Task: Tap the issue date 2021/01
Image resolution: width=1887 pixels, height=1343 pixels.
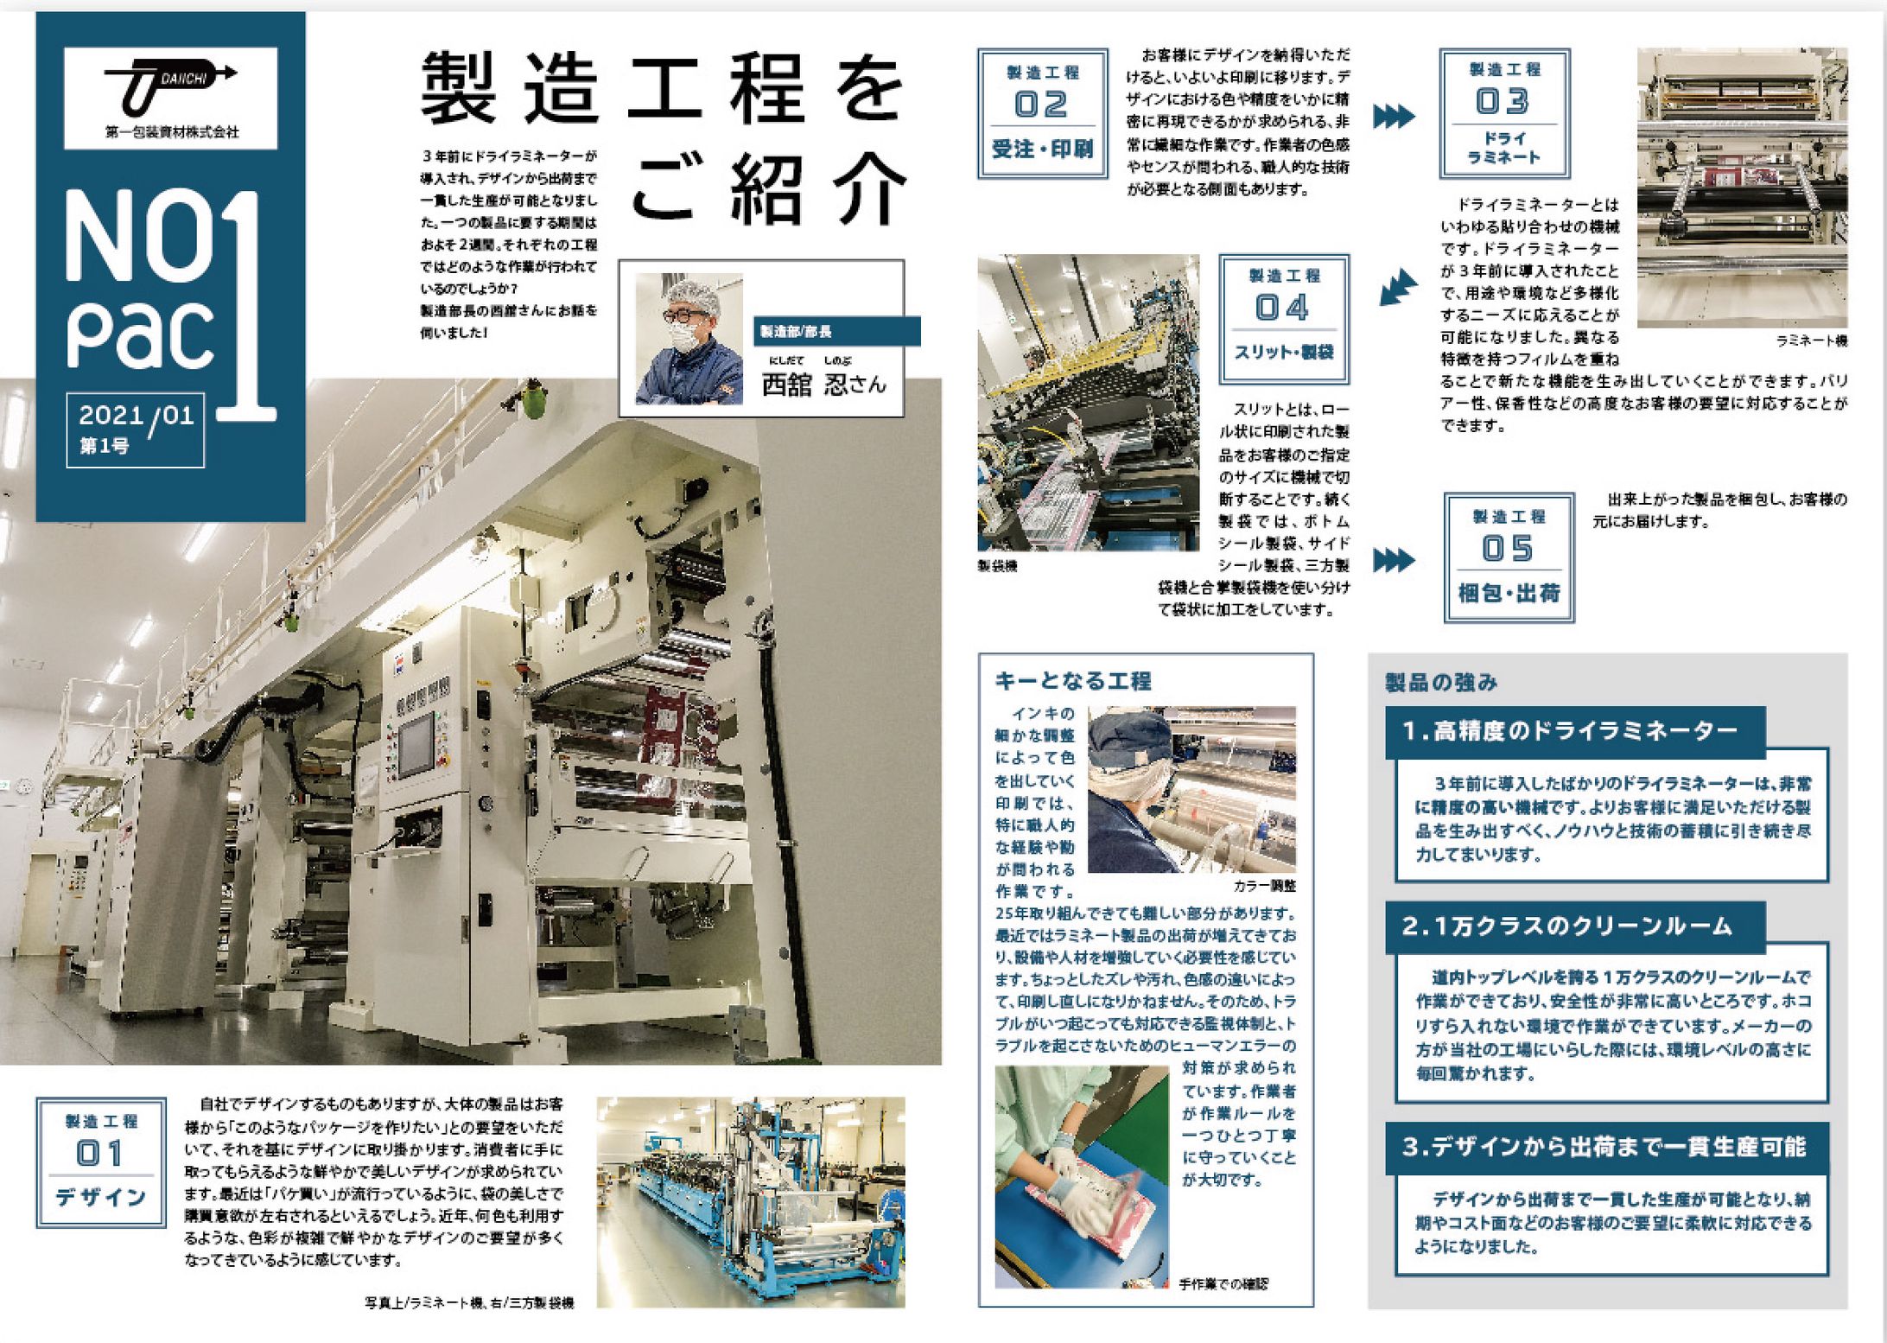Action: coord(136,416)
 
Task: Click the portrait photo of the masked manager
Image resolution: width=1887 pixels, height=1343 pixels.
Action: coord(689,339)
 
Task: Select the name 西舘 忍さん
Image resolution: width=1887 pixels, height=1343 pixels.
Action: coord(823,384)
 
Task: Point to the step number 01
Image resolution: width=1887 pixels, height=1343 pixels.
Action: coord(100,1153)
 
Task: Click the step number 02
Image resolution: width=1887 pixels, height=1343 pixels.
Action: coord(1041,105)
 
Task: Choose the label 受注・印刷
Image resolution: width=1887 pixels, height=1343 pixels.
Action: coord(1042,150)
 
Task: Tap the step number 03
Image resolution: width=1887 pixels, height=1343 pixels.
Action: coord(1503,102)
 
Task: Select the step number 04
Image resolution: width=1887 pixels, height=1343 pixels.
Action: coord(1283,308)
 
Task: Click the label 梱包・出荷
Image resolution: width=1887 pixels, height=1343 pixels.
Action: coord(1509,593)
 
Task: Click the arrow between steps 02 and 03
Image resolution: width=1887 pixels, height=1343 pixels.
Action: coord(1394,116)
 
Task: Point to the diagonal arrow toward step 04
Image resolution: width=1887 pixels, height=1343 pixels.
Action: coord(1398,287)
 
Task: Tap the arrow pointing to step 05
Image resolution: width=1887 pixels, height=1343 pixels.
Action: coord(1394,559)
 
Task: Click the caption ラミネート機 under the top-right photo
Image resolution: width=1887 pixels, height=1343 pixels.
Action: coord(1811,341)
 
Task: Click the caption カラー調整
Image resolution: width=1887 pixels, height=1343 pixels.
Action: coord(1265,886)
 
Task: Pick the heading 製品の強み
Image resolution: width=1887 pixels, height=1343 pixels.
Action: coord(1441,683)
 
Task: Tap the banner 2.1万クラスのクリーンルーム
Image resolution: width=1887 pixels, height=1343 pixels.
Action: coord(1566,926)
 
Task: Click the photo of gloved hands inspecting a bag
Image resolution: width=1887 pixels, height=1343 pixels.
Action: coord(1081,1176)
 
